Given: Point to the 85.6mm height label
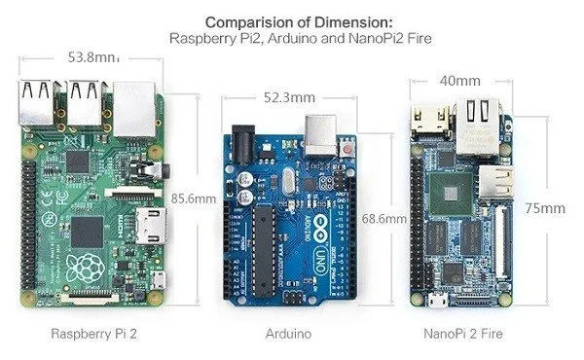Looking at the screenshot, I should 192,198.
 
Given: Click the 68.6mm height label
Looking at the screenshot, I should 383,219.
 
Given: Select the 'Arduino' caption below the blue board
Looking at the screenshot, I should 287,334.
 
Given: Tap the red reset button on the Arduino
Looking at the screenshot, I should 347,148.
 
